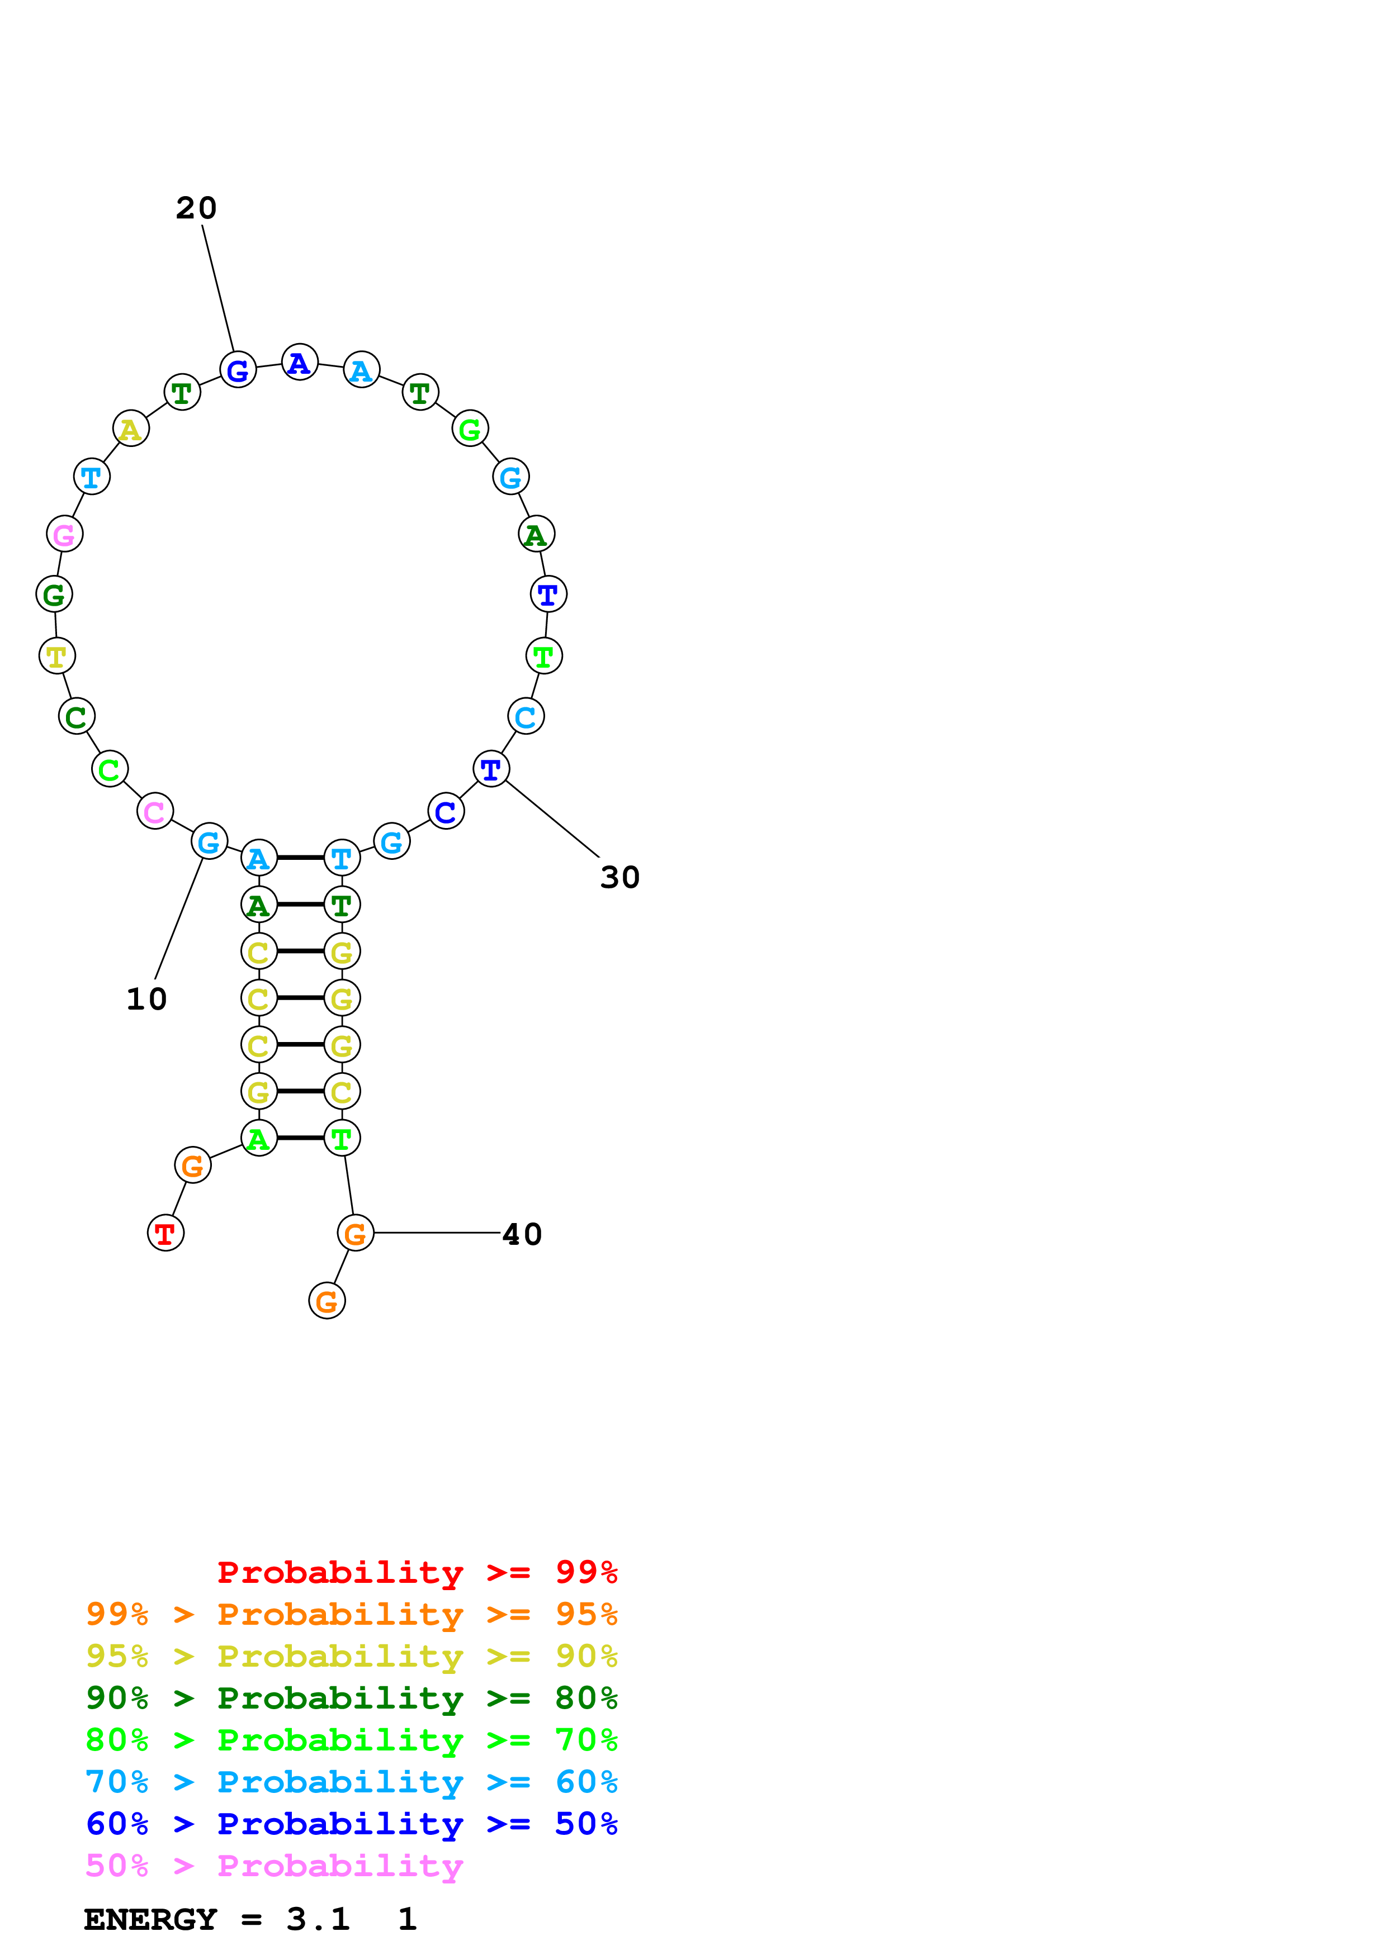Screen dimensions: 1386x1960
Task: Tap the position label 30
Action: (620, 878)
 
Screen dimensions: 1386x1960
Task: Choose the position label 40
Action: (522, 1234)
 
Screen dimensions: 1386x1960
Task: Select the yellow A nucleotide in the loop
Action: (131, 429)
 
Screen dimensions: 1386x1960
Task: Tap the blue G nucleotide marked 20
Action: (238, 370)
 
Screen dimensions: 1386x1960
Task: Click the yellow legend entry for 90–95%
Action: (351, 1656)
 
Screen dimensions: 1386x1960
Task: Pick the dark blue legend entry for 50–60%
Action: (351, 1824)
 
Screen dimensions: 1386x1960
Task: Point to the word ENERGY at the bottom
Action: (150, 1919)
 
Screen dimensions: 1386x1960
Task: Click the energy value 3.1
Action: (318, 1919)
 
